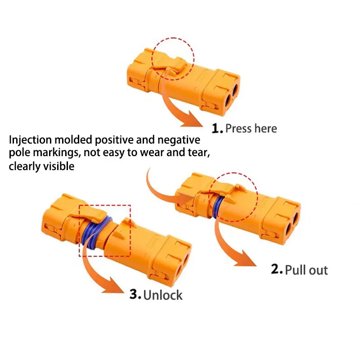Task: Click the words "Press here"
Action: pyautogui.click(x=251, y=129)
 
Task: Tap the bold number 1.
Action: pyautogui.click(x=218, y=129)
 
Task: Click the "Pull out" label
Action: pyautogui.click(x=306, y=270)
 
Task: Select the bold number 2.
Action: pyautogui.click(x=277, y=270)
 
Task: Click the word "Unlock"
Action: pyautogui.click(x=163, y=296)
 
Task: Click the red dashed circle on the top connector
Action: pyautogui.click(x=173, y=58)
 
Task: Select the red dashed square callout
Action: pyautogui.click(x=105, y=230)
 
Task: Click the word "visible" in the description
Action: pyautogui.click(x=58, y=166)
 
